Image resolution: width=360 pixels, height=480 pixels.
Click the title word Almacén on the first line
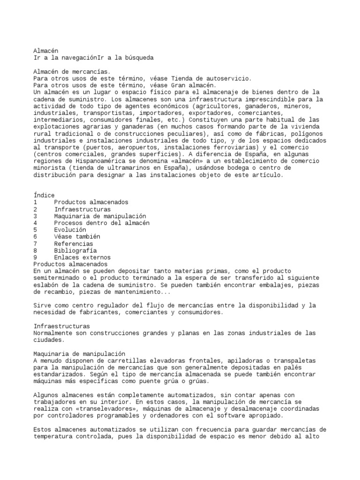[46, 51]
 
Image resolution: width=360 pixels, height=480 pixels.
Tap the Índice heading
[44, 195]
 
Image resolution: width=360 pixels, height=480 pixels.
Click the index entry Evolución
[70, 230]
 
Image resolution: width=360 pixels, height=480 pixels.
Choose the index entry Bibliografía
[75, 251]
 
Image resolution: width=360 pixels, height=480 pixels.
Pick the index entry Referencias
[73, 244]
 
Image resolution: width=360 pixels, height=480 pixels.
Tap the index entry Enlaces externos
[82, 258]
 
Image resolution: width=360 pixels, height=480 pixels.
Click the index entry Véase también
[77, 237]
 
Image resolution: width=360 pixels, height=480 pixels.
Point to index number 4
[35, 223]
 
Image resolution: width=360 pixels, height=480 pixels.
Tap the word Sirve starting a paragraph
[42, 306]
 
